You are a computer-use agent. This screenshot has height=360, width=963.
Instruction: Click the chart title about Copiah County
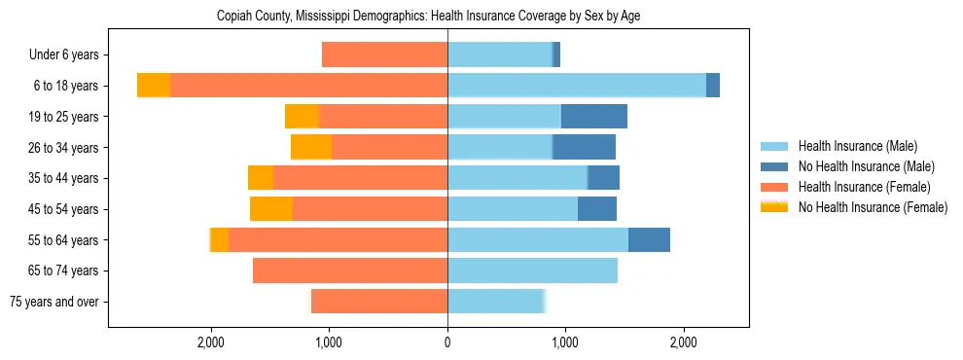coord(447,17)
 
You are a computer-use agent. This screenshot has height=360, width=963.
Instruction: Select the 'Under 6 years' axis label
coord(70,54)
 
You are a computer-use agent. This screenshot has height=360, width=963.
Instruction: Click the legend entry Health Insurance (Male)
coord(857,146)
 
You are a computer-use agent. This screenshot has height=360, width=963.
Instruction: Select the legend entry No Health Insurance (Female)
coord(873,207)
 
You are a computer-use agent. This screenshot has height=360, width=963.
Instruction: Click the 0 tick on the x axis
coord(447,342)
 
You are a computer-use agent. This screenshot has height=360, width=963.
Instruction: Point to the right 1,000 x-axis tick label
coord(565,342)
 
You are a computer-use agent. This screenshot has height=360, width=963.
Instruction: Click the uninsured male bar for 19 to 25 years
coord(593,117)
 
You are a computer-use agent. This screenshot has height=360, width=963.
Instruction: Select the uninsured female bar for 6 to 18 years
coord(154,86)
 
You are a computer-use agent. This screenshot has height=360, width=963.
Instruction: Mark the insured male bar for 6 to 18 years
coord(576,86)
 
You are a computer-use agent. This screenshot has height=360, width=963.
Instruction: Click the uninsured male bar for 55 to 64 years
coord(649,240)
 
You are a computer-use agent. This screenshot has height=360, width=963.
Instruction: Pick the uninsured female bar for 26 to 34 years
coord(311,147)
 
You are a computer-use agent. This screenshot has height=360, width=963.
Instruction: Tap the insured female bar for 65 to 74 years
coord(350,270)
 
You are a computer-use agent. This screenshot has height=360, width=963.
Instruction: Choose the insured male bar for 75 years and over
coord(495,302)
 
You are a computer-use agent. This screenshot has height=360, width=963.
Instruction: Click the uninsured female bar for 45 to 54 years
coord(271,209)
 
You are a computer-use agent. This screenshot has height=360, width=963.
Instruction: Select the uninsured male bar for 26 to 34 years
coord(584,147)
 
